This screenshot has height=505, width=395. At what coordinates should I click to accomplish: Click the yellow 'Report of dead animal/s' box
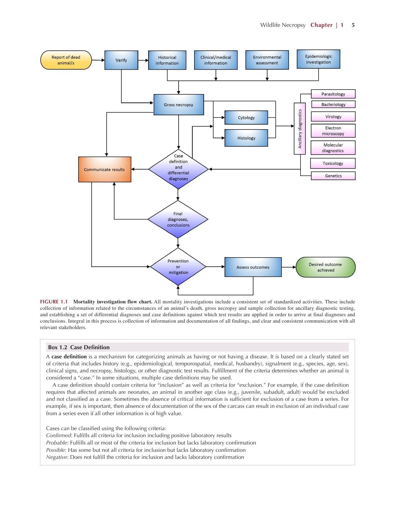[66, 60]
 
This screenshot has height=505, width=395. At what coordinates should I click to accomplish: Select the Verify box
[121, 60]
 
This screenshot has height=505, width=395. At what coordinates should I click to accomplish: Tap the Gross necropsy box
[179, 104]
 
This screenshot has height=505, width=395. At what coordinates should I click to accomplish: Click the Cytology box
[246, 118]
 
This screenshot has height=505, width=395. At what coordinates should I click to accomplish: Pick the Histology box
[246, 138]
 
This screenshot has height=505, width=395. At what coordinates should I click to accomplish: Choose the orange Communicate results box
[105, 170]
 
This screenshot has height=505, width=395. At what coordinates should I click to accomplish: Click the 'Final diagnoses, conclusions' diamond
[178, 219]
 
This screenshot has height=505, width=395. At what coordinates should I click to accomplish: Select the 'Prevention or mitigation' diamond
[178, 267]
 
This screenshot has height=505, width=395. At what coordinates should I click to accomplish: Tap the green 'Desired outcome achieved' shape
[326, 267]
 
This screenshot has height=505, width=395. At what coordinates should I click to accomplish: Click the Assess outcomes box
[253, 267]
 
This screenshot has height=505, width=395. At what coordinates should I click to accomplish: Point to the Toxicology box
[333, 163]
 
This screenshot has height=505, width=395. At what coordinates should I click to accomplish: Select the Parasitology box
[333, 94]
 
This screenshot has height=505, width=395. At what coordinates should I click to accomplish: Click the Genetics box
[333, 176]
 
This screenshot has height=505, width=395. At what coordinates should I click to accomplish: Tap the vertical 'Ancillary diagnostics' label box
[300, 129]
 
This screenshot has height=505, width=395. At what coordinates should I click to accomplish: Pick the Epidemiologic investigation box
[318, 59]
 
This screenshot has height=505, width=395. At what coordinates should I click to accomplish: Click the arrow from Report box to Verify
[98, 60]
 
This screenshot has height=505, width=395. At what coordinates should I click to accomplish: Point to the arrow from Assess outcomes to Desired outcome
[289, 267]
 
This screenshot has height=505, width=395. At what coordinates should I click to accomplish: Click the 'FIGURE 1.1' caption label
[54, 302]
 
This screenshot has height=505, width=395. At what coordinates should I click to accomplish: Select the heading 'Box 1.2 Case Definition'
[79, 347]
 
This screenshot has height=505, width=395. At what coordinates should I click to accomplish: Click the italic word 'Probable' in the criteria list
[57, 443]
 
